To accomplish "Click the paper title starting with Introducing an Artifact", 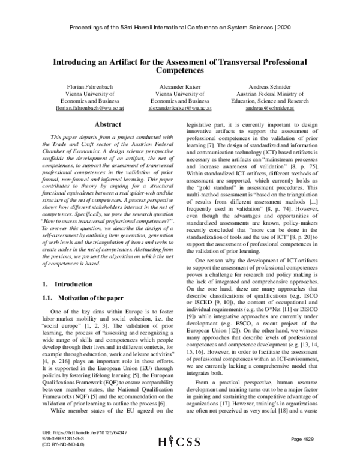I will (x=179, y=62).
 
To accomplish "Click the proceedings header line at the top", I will (x=179, y=28).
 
